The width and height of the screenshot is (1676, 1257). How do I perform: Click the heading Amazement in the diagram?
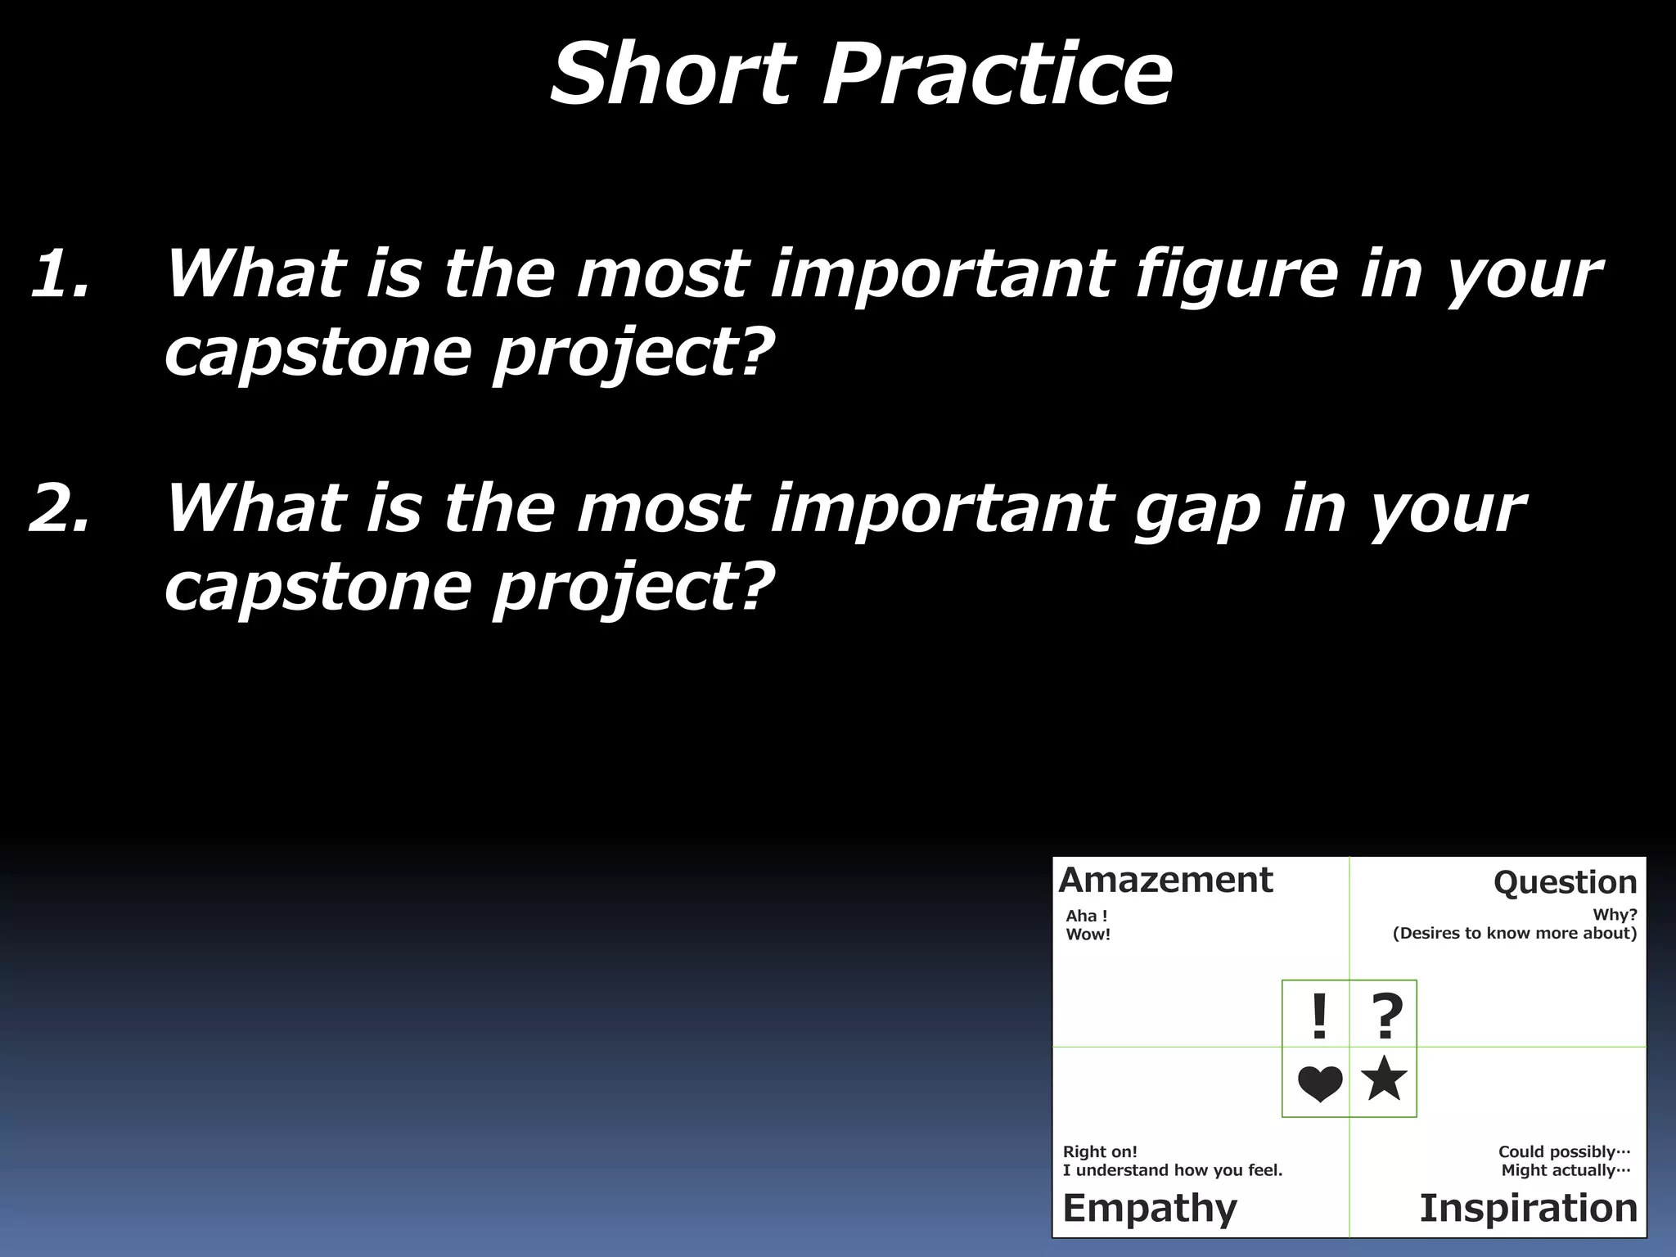(x=1165, y=881)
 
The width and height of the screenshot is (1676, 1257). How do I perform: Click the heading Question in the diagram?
(x=1565, y=882)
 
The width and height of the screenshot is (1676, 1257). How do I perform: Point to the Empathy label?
(x=1150, y=1208)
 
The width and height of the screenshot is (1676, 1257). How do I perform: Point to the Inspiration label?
(x=1528, y=1208)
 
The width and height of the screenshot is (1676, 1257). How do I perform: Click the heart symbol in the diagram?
(x=1319, y=1084)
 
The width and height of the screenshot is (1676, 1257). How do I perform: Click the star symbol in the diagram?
(x=1384, y=1079)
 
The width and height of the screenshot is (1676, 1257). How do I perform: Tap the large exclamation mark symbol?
(x=1318, y=1016)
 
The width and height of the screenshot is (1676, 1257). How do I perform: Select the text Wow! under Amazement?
(x=1088, y=935)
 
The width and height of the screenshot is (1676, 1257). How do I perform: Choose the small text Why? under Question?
(x=1614, y=915)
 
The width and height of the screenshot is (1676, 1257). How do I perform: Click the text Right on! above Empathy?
(x=1100, y=1151)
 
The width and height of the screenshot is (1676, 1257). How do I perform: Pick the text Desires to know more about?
(x=1514, y=934)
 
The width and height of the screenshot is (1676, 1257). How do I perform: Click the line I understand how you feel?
(x=1172, y=1170)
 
